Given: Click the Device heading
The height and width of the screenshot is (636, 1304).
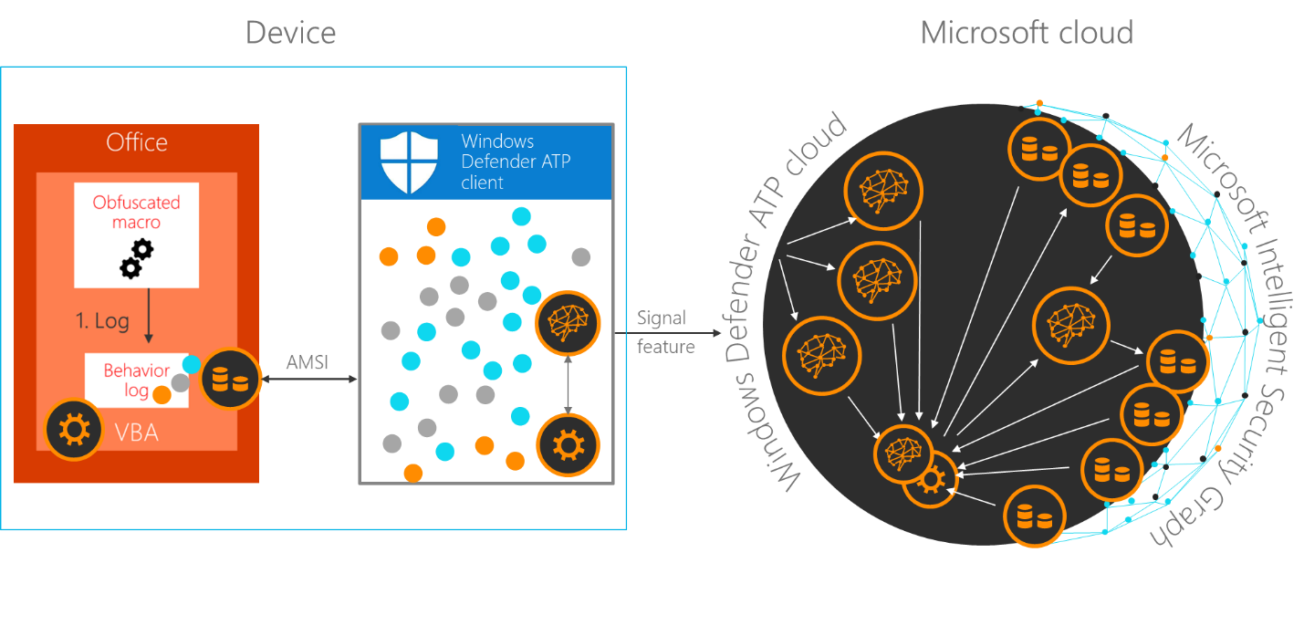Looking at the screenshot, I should pyautogui.click(x=290, y=34).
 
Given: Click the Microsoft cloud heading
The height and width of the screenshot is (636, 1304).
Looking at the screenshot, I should pyautogui.click(x=1026, y=34).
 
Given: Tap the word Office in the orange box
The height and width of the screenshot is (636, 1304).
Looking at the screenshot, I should pyautogui.click(x=137, y=142).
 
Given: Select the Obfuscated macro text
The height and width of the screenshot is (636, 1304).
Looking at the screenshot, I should pyautogui.click(x=137, y=212).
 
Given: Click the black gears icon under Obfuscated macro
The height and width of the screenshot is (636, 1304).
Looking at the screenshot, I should pyautogui.click(x=137, y=259).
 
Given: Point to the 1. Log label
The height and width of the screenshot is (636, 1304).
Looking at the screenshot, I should pyautogui.click(x=101, y=321).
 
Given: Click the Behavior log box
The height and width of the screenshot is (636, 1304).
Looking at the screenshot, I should pyautogui.click(x=136, y=381).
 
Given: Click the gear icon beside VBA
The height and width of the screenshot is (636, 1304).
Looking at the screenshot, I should pyautogui.click(x=74, y=429).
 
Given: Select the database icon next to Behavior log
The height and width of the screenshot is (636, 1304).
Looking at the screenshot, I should pyautogui.click(x=230, y=378).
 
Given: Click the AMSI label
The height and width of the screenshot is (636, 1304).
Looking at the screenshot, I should pyautogui.click(x=308, y=362).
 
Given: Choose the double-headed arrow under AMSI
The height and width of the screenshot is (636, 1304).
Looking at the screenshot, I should pyautogui.click(x=308, y=379).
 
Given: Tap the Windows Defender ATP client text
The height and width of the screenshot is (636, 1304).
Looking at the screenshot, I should pyautogui.click(x=506, y=162).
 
